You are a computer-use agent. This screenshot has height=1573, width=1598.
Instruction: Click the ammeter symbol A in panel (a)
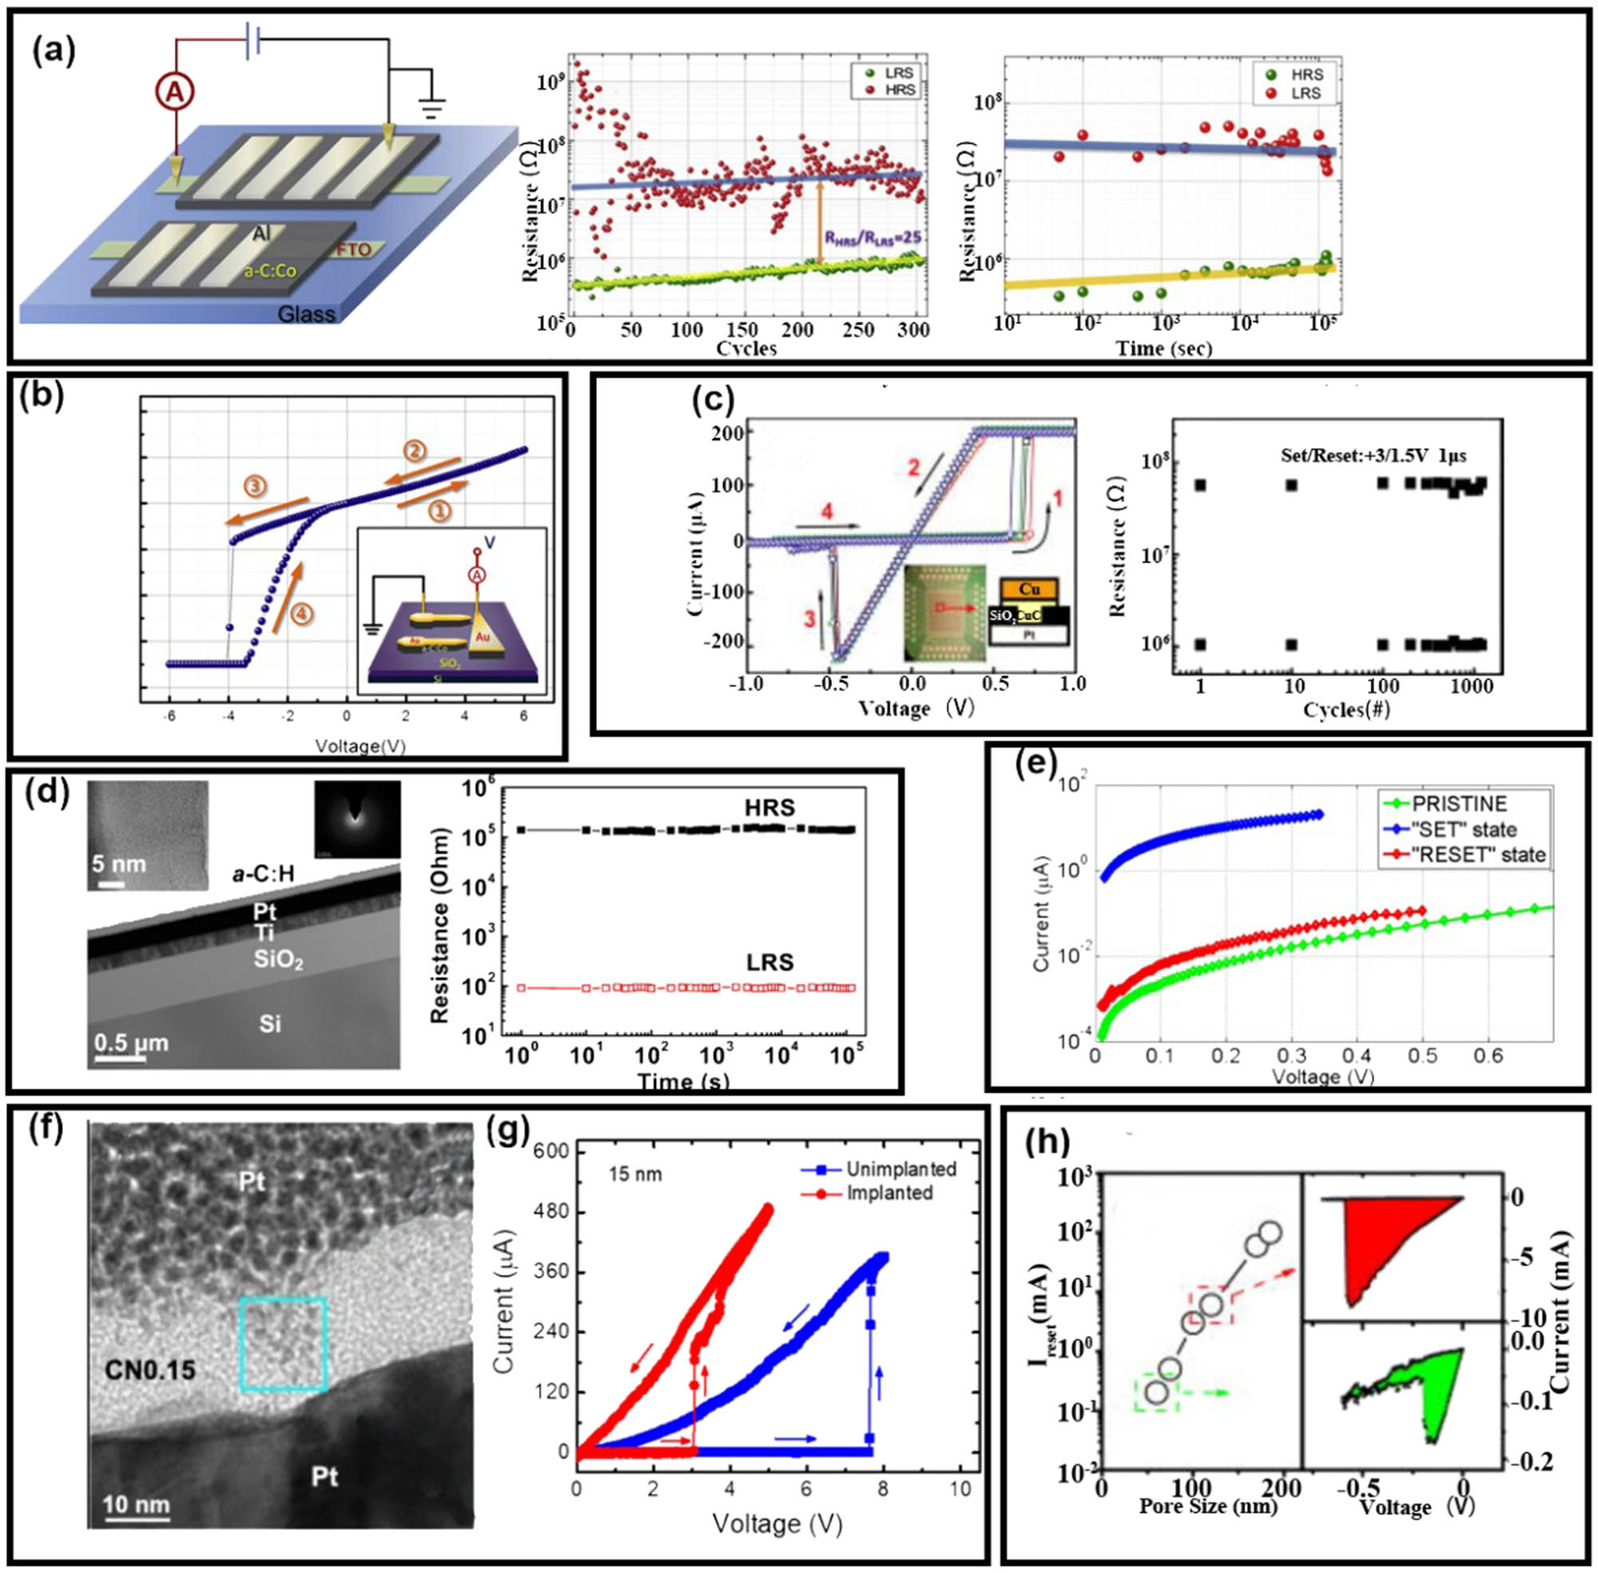point(174,94)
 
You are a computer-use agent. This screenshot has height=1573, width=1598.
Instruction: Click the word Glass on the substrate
point(306,315)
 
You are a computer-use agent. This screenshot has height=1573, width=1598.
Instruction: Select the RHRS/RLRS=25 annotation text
point(872,237)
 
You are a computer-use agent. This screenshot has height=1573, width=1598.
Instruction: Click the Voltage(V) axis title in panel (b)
point(360,746)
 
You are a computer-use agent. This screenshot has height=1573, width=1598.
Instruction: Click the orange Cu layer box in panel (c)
point(1029,589)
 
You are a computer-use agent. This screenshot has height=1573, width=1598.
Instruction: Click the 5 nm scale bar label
point(118,864)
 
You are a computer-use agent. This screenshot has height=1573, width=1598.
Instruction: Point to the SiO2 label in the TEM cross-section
point(278,961)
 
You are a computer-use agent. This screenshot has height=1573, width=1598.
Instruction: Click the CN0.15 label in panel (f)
point(150,1370)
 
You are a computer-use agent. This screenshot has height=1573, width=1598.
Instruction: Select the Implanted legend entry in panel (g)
point(888,1193)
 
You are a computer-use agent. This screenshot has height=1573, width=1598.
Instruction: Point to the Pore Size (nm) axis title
point(1207,1506)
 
